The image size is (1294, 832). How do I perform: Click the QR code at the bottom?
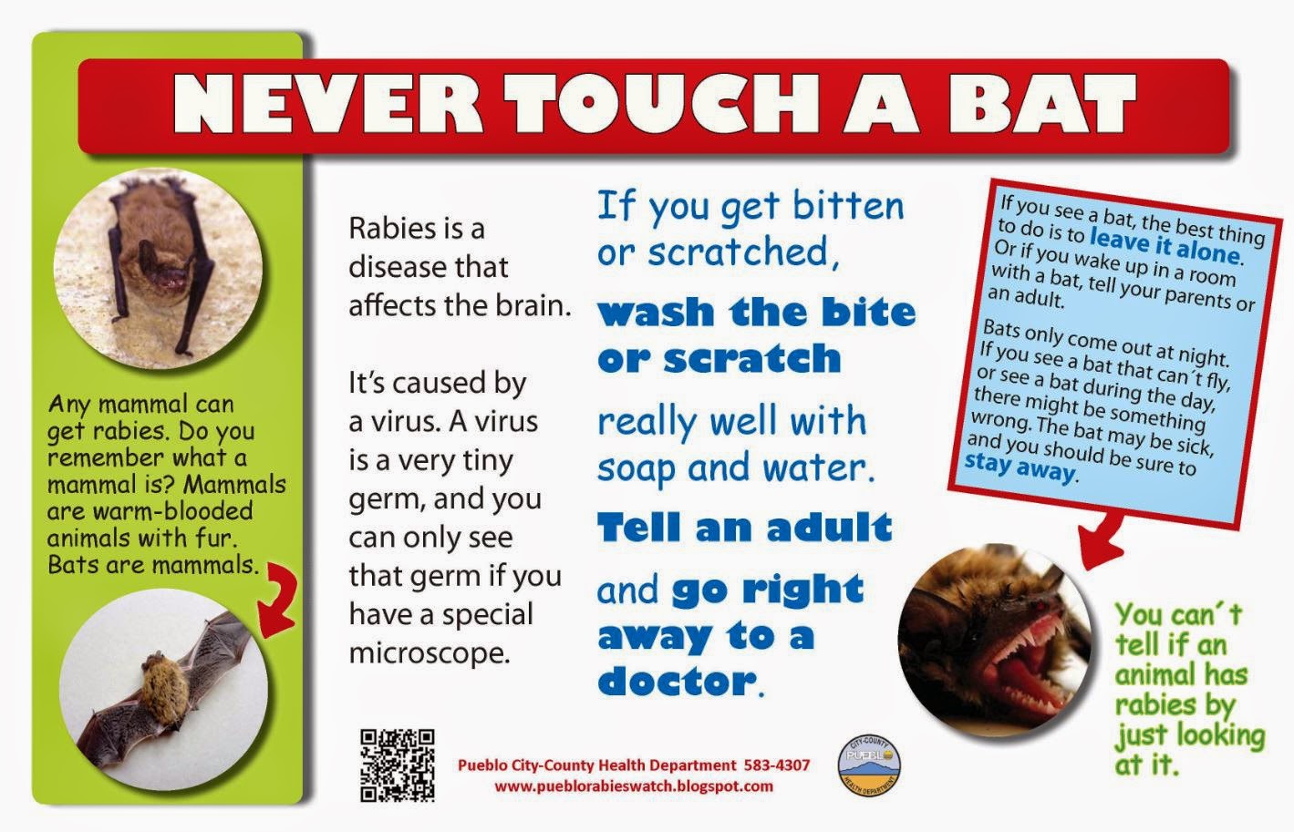pos(398,766)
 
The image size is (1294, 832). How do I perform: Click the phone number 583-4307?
pos(777,765)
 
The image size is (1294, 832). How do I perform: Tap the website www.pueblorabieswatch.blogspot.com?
pos(634,786)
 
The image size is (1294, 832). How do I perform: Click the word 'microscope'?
pos(428,652)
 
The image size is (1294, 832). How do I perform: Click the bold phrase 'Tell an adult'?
pos(744,528)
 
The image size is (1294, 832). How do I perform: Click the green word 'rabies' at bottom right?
pos(1175,704)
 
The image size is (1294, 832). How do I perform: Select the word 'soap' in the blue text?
pos(637,468)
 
